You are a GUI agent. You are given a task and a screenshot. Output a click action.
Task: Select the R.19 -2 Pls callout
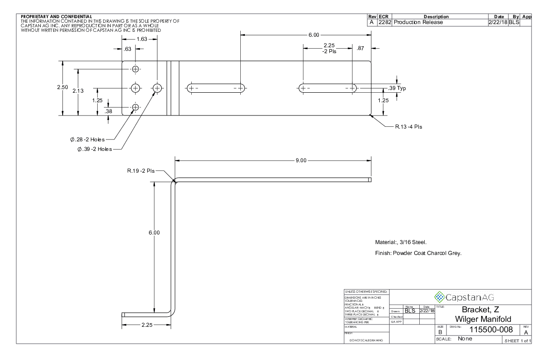(141, 171)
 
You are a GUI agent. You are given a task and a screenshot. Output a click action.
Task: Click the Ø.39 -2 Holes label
(94, 149)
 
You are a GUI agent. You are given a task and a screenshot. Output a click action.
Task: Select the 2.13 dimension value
(79, 91)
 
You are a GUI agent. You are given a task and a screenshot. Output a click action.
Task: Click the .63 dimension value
(128, 49)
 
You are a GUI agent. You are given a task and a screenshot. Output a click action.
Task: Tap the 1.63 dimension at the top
(142, 39)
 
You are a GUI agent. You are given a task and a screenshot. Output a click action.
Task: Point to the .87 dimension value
(361, 48)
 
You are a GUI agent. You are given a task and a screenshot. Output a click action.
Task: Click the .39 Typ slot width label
(396, 88)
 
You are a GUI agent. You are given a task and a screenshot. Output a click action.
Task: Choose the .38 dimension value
(108, 110)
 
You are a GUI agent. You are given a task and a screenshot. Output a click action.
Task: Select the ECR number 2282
(385, 22)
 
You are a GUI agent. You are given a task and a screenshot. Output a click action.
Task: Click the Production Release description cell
(418, 22)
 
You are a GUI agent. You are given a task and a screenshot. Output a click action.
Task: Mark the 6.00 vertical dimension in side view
(154, 232)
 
